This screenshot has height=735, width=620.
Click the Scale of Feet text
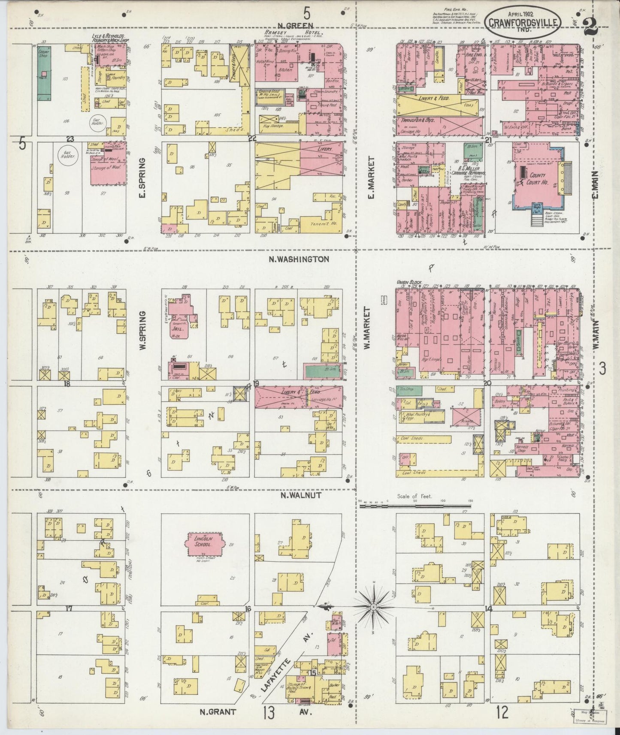coord(414,496)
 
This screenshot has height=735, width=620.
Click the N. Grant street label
coord(218,712)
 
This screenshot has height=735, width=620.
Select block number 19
coord(256,383)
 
